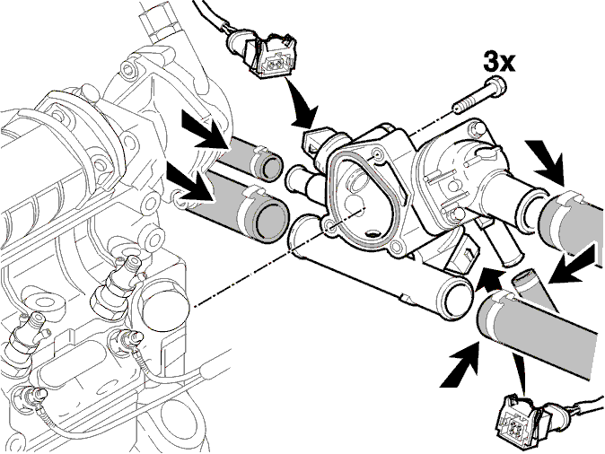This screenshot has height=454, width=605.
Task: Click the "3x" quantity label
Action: pyautogui.click(x=499, y=62)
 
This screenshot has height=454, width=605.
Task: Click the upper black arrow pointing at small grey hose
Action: pyautogui.click(x=206, y=129)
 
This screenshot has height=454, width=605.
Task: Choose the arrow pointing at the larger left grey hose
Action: pyautogui.click(x=190, y=181)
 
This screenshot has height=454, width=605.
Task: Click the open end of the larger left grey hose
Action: pyautogui.click(x=272, y=220)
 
